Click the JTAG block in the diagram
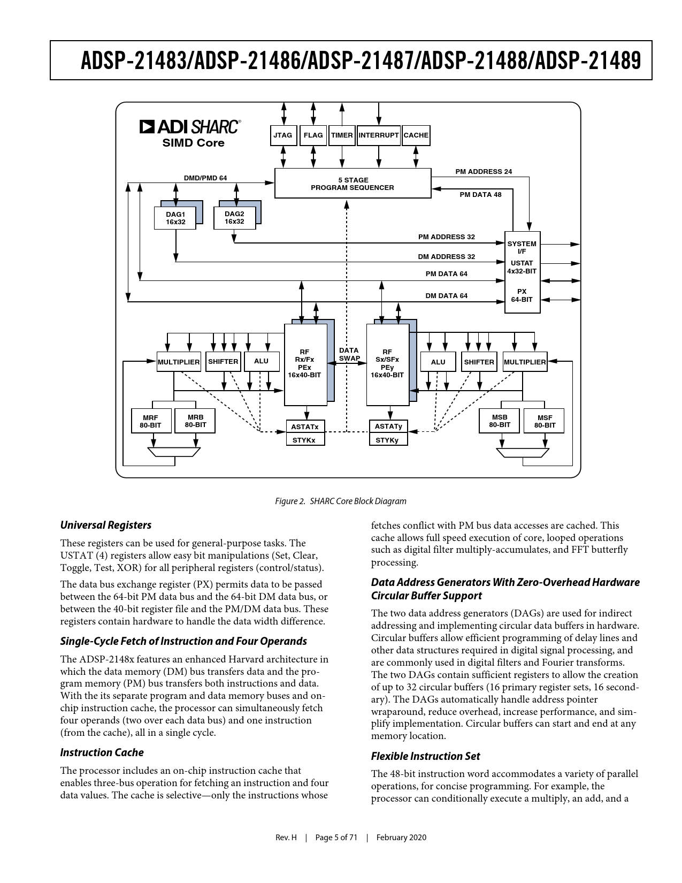(x=283, y=135)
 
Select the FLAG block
(x=313, y=135)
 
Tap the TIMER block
(x=342, y=135)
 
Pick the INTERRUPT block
(x=379, y=135)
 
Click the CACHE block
(x=416, y=135)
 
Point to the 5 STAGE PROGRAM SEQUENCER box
(x=353, y=183)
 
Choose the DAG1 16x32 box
(x=175, y=218)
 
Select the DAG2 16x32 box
(x=234, y=218)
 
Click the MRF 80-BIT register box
(x=151, y=421)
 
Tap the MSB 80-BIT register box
(x=499, y=421)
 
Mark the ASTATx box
(x=305, y=427)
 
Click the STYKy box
(x=388, y=440)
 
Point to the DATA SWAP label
(x=349, y=354)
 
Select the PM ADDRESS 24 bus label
(x=484, y=171)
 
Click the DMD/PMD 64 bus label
(x=205, y=178)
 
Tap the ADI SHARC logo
(x=190, y=127)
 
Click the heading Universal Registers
(x=105, y=526)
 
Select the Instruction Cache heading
(x=102, y=752)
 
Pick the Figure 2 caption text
(x=341, y=501)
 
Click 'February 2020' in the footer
(x=401, y=838)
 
